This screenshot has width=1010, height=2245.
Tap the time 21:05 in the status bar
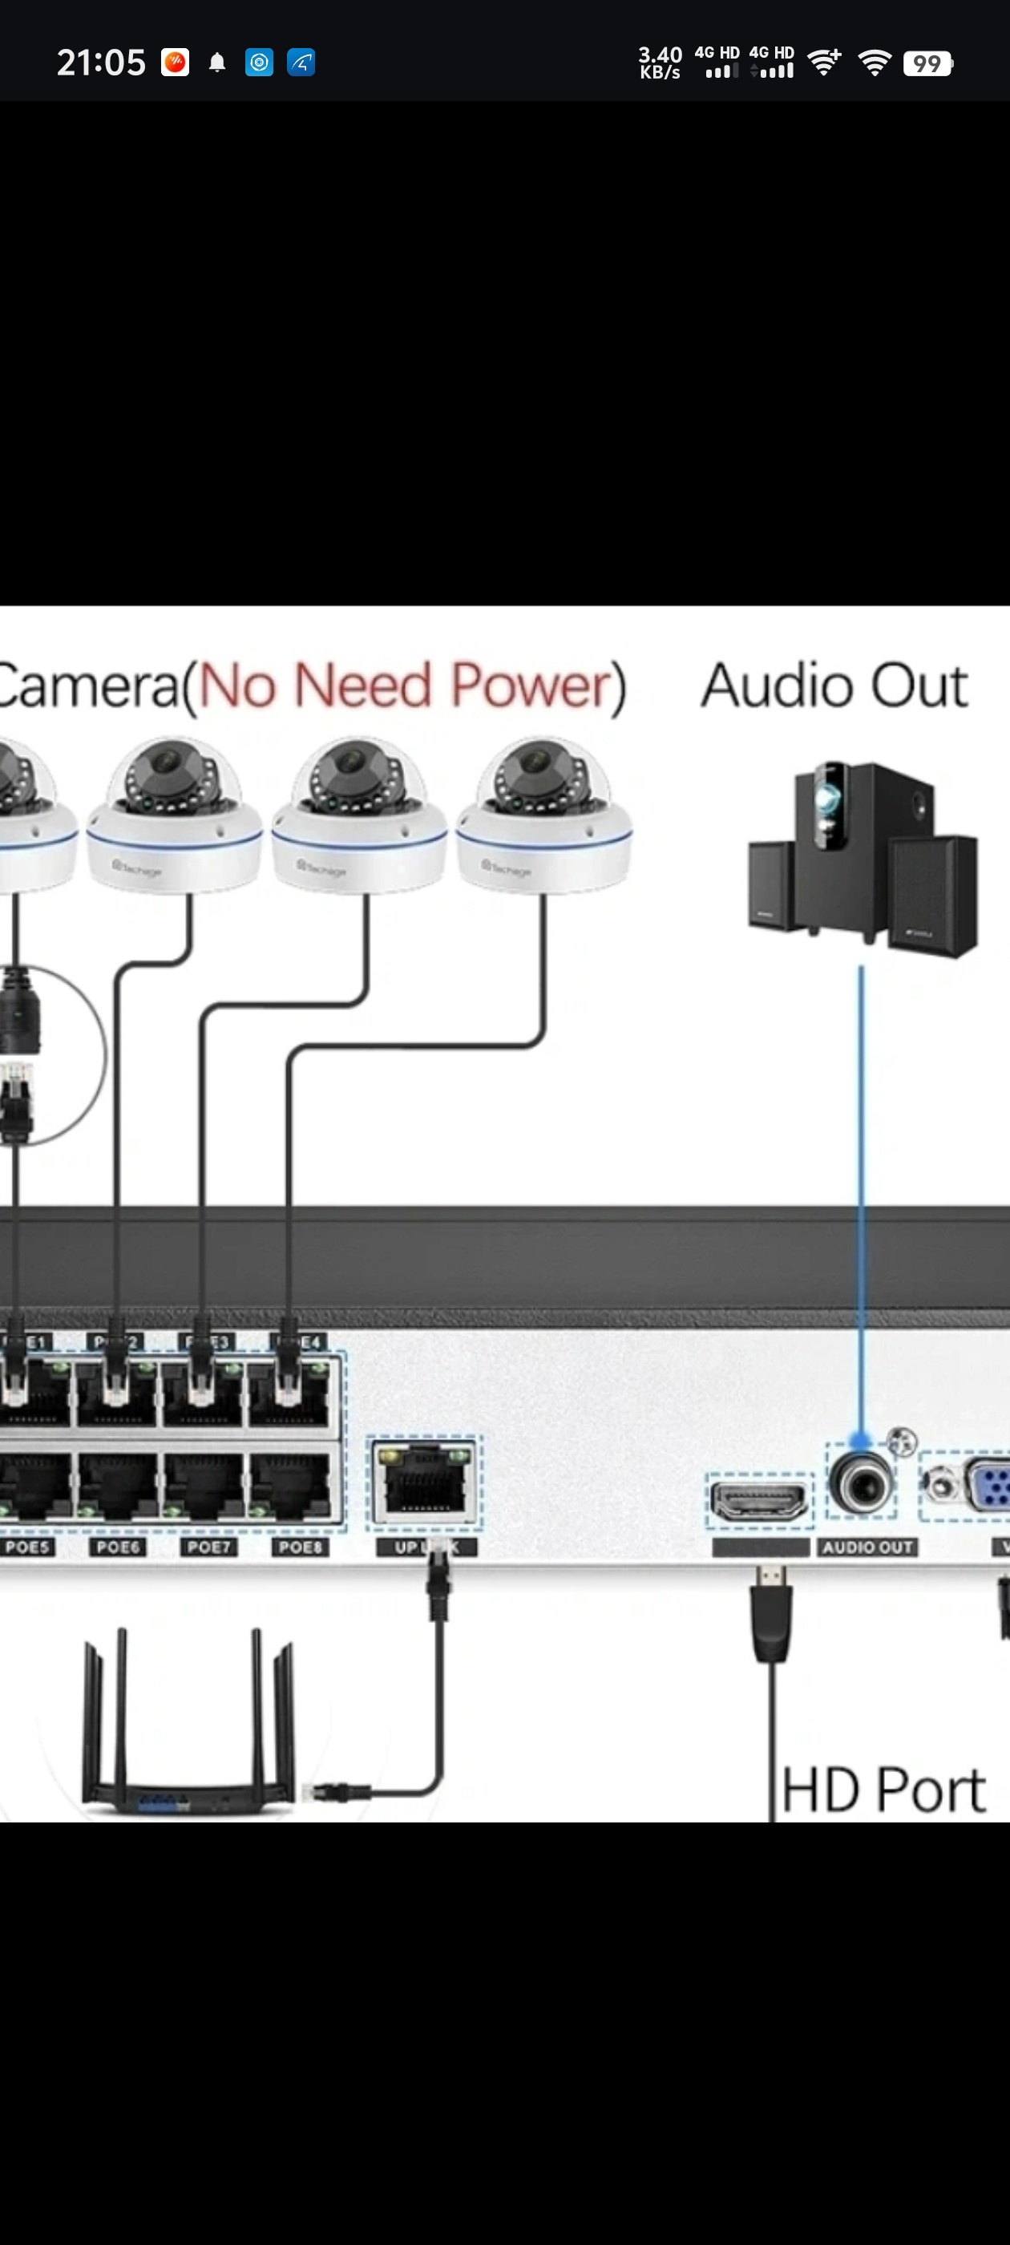tap(100, 63)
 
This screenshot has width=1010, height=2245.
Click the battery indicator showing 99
tap(927, 63)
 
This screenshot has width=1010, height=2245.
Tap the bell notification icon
tap(217, 63)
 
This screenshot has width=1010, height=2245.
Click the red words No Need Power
tap(410, 685)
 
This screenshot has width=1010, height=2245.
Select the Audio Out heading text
tap(834, 685)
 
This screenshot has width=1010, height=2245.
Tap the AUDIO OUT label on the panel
tap(867, 1547)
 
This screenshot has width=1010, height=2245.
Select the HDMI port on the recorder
tap(759, 1500)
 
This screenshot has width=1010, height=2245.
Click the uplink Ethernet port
tap(424, 1480)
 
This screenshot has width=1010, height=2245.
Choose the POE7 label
tap(209, 1547)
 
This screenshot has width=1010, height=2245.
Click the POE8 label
tap(300, 1547)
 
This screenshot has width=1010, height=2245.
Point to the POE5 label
tap(28, 1547)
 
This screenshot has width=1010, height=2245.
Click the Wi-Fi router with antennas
tap(188, 1725)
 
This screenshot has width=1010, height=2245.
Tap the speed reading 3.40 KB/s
tap(660, 63)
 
